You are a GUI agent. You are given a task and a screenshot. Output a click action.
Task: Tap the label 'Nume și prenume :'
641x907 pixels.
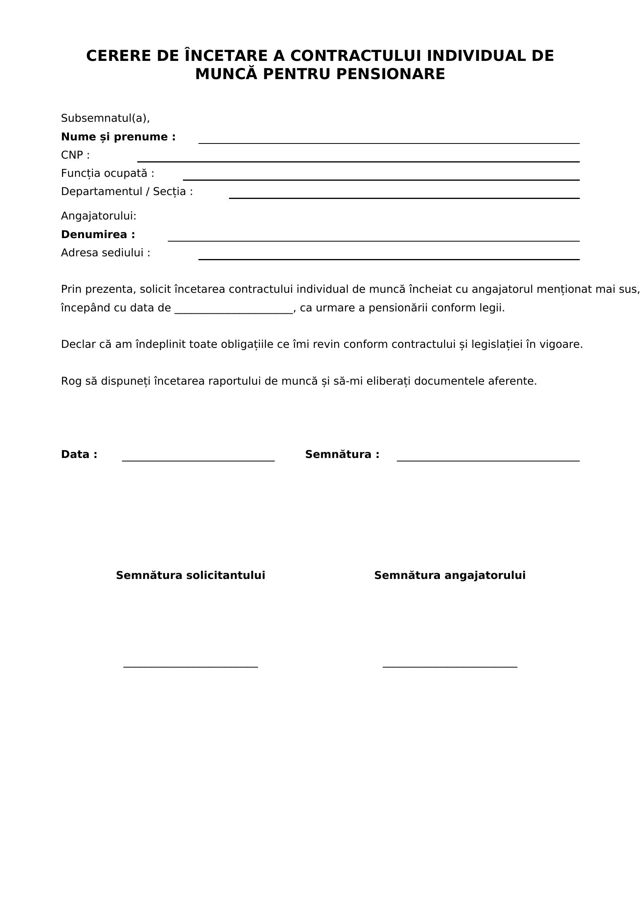pos(118,137)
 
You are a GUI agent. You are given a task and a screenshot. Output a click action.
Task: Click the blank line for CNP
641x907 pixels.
pos(358,161)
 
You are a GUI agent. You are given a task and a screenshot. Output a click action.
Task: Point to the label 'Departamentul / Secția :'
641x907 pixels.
pos(127,192)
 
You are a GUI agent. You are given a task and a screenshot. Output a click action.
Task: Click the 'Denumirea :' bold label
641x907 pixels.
pos(98,235)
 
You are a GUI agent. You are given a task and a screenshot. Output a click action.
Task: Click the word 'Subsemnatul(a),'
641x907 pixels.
pos(105,118)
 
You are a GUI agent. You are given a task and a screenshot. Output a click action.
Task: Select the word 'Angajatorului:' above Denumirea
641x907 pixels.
pos(98,216)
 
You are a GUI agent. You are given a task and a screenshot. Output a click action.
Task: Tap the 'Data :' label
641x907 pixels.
pos(79,455)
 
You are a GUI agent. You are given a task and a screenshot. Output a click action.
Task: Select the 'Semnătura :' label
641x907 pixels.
pos(342,455)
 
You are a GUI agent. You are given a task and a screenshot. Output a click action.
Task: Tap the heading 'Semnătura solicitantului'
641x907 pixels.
pos(190,575)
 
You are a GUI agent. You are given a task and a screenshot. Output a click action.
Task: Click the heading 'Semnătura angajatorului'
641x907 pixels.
pos(450,575)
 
